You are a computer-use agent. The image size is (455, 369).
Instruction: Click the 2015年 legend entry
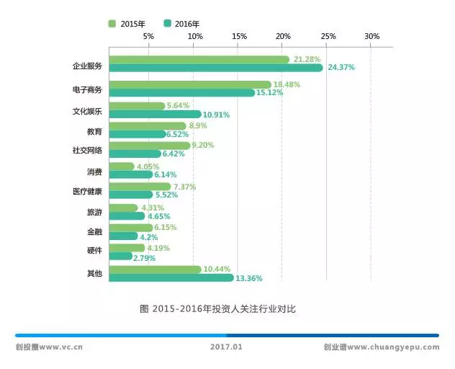click(130, 24)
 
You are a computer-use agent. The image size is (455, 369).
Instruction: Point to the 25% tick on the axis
click(328, 36)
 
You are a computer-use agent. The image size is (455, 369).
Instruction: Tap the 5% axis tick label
click(148, 36)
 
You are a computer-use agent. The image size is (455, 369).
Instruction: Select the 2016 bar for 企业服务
click(216, 68)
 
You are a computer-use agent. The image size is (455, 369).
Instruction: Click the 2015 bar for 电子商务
click(190, 84)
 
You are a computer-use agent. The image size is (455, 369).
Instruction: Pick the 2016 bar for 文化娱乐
click(156, 114)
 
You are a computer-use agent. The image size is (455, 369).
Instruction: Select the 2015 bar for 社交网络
click(150, 145)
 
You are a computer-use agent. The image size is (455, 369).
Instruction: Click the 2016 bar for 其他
click(171, 277)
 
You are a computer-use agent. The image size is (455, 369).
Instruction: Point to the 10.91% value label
click(217, 115)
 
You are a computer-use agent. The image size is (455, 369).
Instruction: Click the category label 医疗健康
click(87, 191)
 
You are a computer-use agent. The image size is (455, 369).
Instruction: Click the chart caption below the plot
click(217, 308)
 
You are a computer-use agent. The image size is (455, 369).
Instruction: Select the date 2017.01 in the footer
click(227, 347)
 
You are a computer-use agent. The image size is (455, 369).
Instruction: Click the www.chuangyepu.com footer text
click(381, 347)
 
